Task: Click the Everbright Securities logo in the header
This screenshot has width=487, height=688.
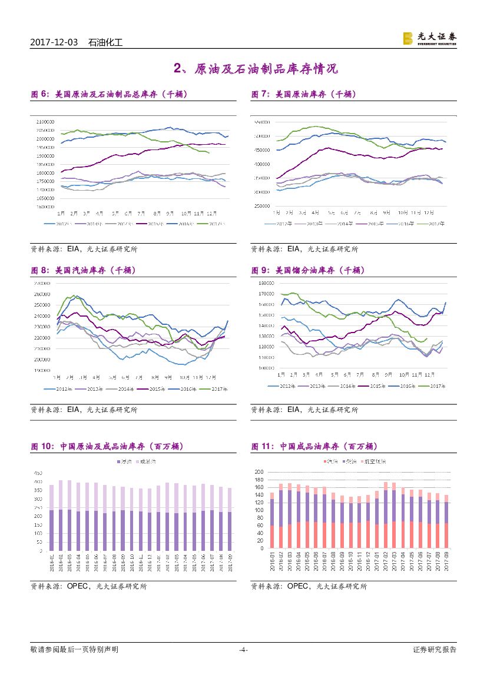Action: tap(429, 38)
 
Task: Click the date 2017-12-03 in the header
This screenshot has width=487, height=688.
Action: tap(54, 42)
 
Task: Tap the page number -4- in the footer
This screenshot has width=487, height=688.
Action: tap(243, 650)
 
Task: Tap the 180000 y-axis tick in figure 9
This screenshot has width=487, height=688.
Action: tap(267, 283)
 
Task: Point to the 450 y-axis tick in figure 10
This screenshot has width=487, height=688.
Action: tap(37, 473)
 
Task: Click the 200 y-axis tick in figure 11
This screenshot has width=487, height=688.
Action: tap(259, 472)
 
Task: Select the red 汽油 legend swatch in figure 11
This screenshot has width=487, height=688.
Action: tap(324, 461)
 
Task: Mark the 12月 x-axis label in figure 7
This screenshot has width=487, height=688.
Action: tap(430, 211)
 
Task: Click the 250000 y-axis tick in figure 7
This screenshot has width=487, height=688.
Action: tap(262, 205)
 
